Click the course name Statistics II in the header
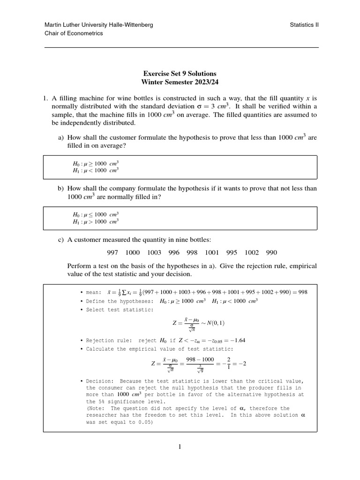tap(304, 25)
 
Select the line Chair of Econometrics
tap(74, 33)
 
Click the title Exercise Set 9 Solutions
tap(180, 74)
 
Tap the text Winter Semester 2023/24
tap(180, 82)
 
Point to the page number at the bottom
tap(180, 447)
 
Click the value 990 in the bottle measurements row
tap(271, 252)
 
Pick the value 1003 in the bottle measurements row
tap(154, 252)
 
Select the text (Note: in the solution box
tap(97, 408)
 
